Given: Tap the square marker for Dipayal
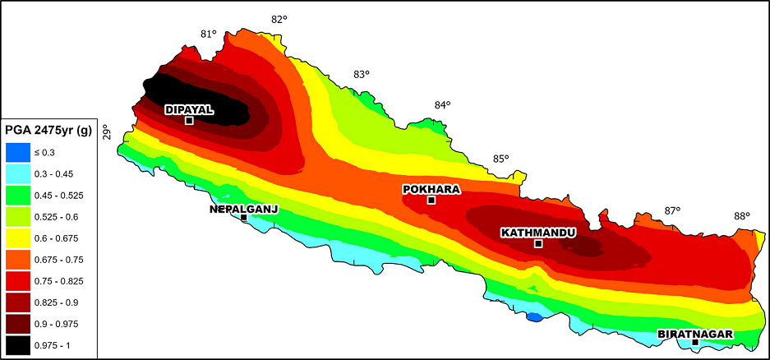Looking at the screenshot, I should coord(189,121).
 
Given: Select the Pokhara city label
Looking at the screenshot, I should coord(431,189).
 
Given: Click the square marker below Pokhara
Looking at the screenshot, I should coord(431,200).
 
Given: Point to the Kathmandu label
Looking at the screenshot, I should coord(537,233).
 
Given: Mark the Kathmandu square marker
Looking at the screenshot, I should coord(538,244).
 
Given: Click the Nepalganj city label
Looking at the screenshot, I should coord(244,209).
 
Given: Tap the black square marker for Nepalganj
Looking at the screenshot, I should coord(244,217).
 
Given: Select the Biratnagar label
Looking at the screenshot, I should coord(694,334).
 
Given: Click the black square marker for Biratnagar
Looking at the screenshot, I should coord(695,342).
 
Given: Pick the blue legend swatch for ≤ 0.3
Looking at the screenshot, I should coord(17,152).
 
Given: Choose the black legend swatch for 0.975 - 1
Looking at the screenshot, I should coord(17,345).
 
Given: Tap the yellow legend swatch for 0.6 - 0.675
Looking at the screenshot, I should coord(17,238).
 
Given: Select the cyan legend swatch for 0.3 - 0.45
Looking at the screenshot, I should coord(17,173).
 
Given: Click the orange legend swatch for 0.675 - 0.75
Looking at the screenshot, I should coord(17,260).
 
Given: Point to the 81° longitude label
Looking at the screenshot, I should coord(208,34).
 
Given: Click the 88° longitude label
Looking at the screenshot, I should coord(742,216).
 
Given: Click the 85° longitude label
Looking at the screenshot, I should coord(501,159).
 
